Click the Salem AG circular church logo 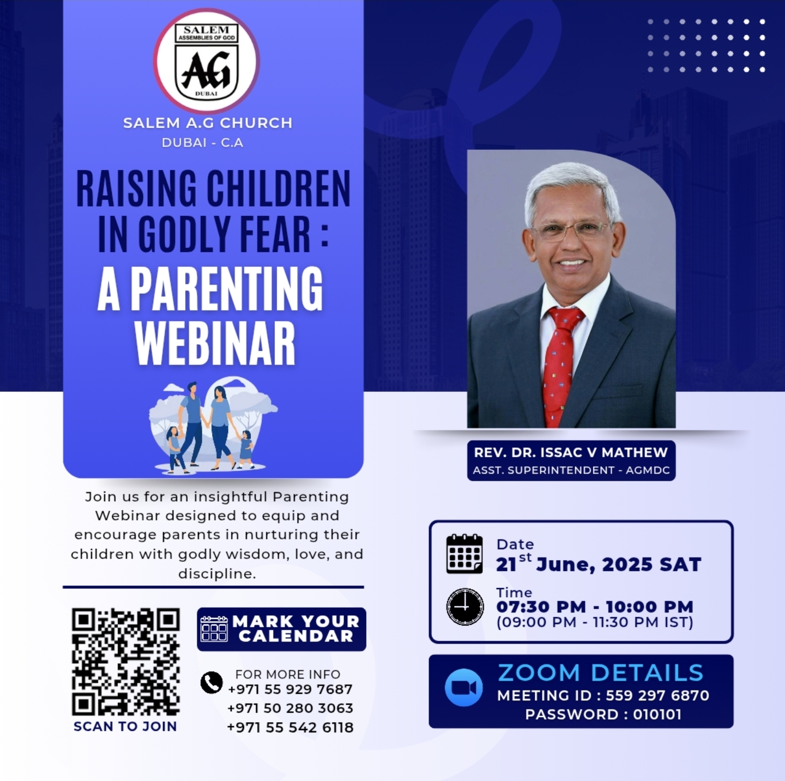click(x=207, y=61)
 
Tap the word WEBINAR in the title click(x=215, y=343)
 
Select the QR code click(x=126, y=662)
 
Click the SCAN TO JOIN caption click(x=125, y=726)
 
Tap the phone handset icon click(x=212, y=682)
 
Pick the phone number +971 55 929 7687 click(x=290, y=689)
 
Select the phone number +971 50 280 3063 click(x=290, y=708)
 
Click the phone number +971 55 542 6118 click(x=290, y=727)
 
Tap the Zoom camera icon click(x=463, y=687)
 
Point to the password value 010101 click(x=657, y=714)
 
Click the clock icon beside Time click(x=465, y=607)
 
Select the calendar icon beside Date click(x=464, y=554)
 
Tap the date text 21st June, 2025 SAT click(x=599, y=564)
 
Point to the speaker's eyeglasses click(x=572, y=231)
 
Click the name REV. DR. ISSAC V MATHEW click(x=571, y=452)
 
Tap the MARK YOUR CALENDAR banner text click(x=296, y=628)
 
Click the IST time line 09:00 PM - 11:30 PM click(x=595, y=622)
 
